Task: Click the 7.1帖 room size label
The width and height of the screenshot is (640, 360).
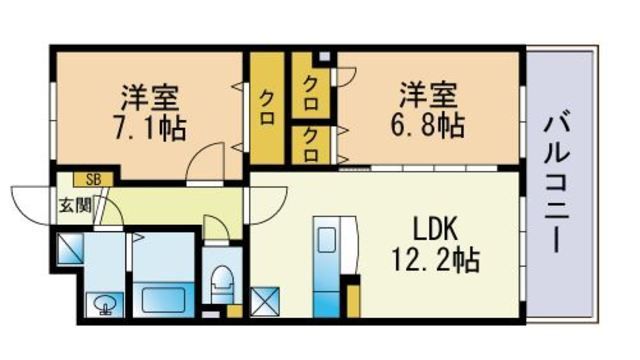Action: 150,128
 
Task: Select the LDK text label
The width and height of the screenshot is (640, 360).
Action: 435,229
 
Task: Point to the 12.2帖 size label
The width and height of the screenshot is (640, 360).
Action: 436,260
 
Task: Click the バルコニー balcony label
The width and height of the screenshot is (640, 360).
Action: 556,182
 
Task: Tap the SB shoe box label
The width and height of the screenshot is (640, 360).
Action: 93,179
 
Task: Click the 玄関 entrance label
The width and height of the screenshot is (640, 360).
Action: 76,205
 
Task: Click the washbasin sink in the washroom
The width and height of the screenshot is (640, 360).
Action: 105,304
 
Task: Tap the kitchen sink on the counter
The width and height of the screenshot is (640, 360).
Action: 327,240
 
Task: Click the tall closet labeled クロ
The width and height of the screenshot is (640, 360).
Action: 267,108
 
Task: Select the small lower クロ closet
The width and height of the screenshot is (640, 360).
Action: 311,145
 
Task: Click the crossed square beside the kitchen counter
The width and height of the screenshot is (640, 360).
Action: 264,302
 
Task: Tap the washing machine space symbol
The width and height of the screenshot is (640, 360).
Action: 70,248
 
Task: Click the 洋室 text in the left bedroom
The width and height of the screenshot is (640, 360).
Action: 150,97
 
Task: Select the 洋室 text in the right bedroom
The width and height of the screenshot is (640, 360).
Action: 428,95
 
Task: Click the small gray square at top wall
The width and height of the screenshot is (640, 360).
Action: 324,56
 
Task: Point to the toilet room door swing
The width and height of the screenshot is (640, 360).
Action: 216,228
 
